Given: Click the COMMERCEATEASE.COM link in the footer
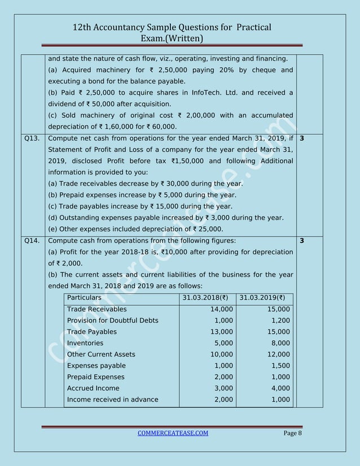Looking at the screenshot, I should click(x=173, y=433).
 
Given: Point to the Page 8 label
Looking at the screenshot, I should click(x=292, y=433).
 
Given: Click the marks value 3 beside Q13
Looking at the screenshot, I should click(x=301, y=138).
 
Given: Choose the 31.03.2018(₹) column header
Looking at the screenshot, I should click(x=207, y=297).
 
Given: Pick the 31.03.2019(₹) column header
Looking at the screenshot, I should click(x=265, y=297).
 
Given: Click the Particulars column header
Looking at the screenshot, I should click(x=84, y=297).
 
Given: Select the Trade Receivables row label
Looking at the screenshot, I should click(x=96, y=309).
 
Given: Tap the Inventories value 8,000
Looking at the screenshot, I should click(x=280, y=343).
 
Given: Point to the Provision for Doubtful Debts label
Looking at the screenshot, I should click(x=112, y=320).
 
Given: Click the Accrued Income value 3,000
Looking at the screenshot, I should click(x=222, y=388).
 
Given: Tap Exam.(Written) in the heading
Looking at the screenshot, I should click(x=175, y=38).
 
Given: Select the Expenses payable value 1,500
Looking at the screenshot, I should click(x=280, y=366).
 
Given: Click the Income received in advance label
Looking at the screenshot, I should click(x=112, y=399).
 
